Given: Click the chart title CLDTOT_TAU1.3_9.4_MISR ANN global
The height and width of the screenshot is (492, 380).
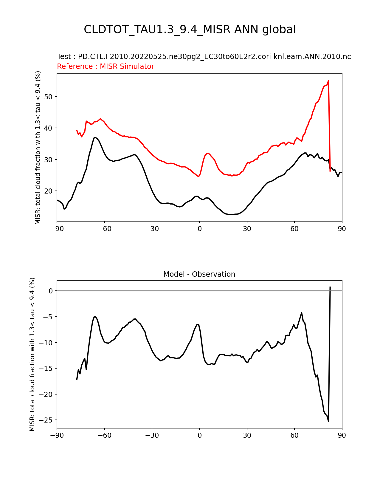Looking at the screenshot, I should (x=190, y=30).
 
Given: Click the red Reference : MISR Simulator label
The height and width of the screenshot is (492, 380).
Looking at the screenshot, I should (x=106, y=66).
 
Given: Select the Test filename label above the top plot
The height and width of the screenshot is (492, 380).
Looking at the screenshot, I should (x=204, y=57).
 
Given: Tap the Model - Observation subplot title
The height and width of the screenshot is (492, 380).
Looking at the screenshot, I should (x=199, y=274).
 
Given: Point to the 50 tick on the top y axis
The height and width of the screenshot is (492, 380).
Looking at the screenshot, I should (x=49, y=97).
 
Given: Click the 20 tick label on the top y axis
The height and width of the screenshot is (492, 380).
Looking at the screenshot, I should (x=49, y=191).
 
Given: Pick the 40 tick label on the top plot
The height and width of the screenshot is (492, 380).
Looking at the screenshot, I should (x=49, y=128).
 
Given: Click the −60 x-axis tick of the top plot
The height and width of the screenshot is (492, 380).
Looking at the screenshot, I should (x=104, y=229).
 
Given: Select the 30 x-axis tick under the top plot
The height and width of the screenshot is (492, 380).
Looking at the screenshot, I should (x=247, y=229).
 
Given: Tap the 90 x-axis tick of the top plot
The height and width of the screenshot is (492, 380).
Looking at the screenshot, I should (x=342, y=229).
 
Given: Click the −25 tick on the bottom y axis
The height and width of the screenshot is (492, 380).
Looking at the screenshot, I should (x=47, y=420).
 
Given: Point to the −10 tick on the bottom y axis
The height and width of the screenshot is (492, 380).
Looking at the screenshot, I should (x=47, y=343).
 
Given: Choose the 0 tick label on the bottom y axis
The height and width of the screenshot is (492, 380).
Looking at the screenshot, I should (x=51, y=291).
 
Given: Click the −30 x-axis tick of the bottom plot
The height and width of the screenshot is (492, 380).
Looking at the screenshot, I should (x=152, y=435).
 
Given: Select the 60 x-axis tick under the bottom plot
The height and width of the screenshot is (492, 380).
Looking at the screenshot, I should (x=294, y=435).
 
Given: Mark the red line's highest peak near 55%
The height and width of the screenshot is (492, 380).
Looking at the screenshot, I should (x=328, y=81).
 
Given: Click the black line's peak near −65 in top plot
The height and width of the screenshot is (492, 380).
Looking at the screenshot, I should (x=95, y=137).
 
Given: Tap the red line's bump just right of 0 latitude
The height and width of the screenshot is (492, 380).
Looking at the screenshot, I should (x=208, y=153).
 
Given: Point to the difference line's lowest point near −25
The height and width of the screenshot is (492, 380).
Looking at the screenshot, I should (x=328, y=421).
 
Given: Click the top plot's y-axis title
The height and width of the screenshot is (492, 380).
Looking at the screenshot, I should (x=38, y=148).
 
